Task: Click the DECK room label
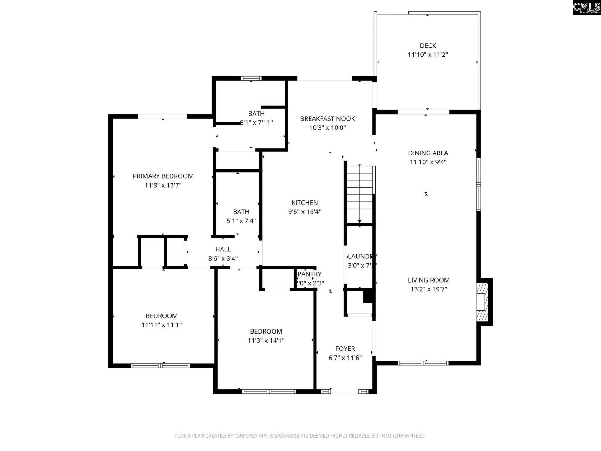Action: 428,46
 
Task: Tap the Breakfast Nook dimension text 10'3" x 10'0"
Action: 327,127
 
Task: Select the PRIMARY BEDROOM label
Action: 163,176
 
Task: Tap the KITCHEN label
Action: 305,203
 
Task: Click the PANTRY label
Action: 309,274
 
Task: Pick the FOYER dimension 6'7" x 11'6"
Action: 345,358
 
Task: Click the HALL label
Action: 223,249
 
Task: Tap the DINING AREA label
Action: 428,153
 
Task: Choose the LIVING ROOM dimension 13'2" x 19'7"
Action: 429,289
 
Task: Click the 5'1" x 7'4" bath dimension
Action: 241,221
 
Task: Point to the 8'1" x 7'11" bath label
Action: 256,114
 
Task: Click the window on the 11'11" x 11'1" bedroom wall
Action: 160,365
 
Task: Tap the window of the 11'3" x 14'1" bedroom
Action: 269,391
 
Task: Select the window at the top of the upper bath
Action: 251,79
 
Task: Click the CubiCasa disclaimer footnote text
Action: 300,436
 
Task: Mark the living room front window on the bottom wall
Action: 423,363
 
